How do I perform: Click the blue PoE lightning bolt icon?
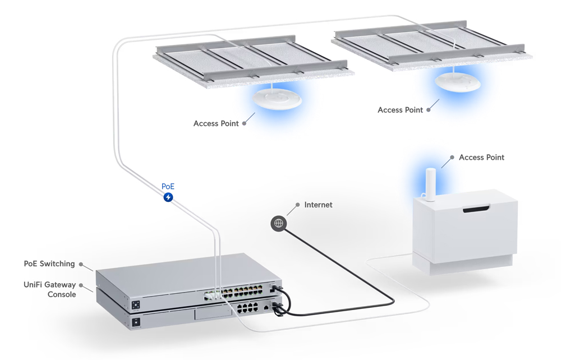click(x=168, y=197)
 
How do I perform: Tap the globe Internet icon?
click(x=278, y=223)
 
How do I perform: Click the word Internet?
click(x=318, y=205)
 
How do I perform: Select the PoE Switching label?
click(x=49, y=264)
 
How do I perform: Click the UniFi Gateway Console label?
click(x=50, y=289)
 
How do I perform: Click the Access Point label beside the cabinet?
click(x=481, y=158)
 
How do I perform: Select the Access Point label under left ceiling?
click(x=216, y=123)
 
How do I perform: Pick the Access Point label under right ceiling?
click(x=400, y=110)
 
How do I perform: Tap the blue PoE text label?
click(x=168, y=187)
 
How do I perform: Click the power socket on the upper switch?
click(x=136, y=305)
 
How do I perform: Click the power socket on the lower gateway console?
click(x=136, y=322)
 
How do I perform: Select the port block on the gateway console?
click(x=247, y=307)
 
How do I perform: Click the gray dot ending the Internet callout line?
click(x=297, y=205)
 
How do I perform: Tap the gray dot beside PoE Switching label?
click(x=81, y=264)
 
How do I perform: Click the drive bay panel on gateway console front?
click(x=213, y=313)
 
